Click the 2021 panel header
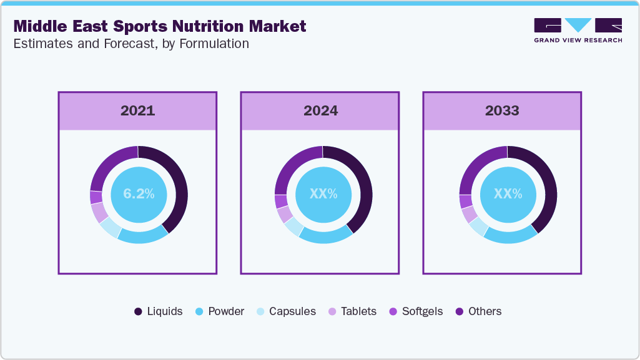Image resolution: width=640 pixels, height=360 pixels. pos(137,111)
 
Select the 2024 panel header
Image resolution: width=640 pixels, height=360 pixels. pos(320,111)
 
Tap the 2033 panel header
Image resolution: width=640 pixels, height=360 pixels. pos(502,111)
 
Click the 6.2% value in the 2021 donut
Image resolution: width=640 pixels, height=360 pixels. pos(139,194)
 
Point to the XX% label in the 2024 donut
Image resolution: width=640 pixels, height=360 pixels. pos(323,194)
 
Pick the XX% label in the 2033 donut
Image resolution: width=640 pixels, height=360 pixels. pos(508,194)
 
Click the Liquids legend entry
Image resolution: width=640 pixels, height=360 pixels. pos(159,311)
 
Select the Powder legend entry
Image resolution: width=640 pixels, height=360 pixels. pos(220,311)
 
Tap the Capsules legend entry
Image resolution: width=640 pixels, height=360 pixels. pos(286,311)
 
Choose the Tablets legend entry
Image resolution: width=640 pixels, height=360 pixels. pos(352,311)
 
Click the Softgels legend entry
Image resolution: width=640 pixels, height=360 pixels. pos(416,311)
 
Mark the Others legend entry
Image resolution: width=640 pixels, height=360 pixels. pos(478,311)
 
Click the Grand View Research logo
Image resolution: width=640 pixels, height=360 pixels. pos(578,30)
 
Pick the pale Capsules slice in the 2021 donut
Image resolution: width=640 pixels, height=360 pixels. pos(109,228)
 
